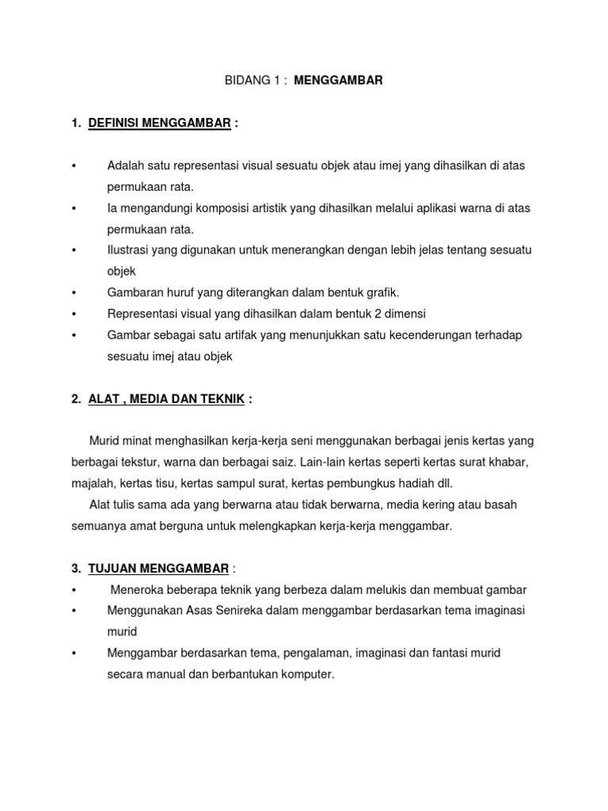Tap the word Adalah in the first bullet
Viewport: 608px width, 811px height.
[125, 166]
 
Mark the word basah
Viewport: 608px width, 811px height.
[501, 504]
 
